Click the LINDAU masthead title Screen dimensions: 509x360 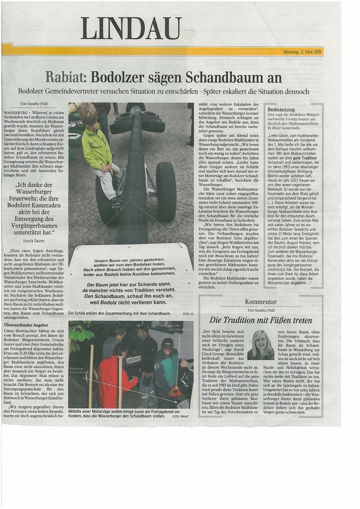pyautogui.click(x=131, y=28)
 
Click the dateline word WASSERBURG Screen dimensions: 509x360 pyautogui.click(x=15, y=113)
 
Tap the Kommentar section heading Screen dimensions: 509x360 pyautogui.click(x=261, y=302)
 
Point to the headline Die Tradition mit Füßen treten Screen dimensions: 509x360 pyautogui.click(x=261, y=320)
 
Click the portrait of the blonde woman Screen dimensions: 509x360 pyautogui.click(x=261, y=344)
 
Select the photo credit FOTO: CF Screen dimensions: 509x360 pyautogui.click(x=186, y=314)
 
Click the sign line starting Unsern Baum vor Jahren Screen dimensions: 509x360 pyautogui.click(x=129, y=261)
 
